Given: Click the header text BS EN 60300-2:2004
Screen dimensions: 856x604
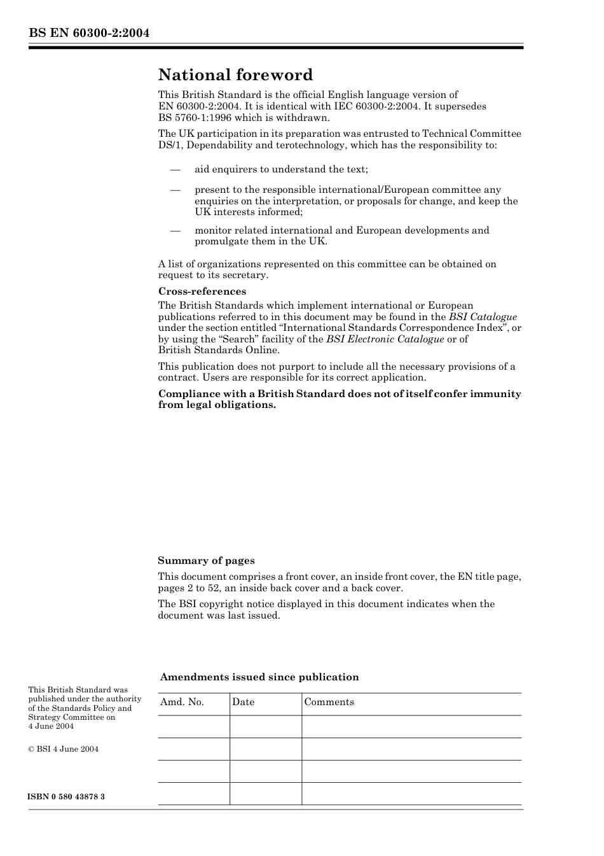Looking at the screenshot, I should click(89, 33).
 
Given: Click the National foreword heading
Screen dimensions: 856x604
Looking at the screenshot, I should click(235, 75).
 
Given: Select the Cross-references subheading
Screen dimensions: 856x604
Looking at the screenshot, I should click(202, 291).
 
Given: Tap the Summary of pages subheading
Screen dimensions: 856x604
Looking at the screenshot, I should click(206, 561).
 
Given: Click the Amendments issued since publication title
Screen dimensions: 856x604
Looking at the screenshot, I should click(259, 677).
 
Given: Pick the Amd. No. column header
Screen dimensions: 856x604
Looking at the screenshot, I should click(182, 702).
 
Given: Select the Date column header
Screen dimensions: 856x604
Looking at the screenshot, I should click(243, 702).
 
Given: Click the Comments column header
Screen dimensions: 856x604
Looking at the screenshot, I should click(329, 702).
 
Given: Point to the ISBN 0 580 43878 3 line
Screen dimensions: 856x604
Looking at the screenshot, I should click(67, 797).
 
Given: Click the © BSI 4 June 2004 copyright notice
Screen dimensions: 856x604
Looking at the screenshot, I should click(64, 749).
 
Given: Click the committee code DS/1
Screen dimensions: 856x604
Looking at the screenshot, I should click(170, 145).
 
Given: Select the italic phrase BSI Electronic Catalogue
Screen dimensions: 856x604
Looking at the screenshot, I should click(385, 339).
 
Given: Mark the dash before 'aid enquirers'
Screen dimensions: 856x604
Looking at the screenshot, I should click(175, 169).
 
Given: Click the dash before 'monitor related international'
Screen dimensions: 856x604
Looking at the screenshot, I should click(175, 230).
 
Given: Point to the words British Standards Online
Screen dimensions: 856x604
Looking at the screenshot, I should click(218, 350).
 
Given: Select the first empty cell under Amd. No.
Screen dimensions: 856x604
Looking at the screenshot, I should click(193, 727).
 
